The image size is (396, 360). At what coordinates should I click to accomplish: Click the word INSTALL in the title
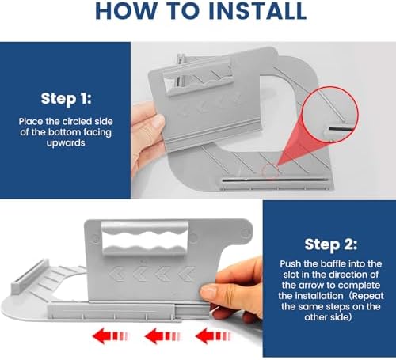click(x=257, y=11)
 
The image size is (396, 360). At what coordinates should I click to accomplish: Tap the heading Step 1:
click(x=66, y=99)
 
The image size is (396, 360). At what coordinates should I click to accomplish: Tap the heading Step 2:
click(x=331, y=244)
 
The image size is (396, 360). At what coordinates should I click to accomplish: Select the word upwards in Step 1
click(x=66, y=143)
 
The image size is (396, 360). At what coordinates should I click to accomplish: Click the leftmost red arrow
click(x=110, y=336)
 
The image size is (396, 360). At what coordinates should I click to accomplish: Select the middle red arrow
click(x=162, y=336)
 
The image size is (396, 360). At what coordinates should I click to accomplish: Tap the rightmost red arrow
click(x=213, y=336)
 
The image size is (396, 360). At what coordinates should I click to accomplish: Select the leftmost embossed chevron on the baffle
click(x=116, y=274)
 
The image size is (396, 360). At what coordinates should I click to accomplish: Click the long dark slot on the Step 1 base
click(x=275, y=180)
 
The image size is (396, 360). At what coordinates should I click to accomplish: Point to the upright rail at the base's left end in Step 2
click(x=29, y=276)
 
